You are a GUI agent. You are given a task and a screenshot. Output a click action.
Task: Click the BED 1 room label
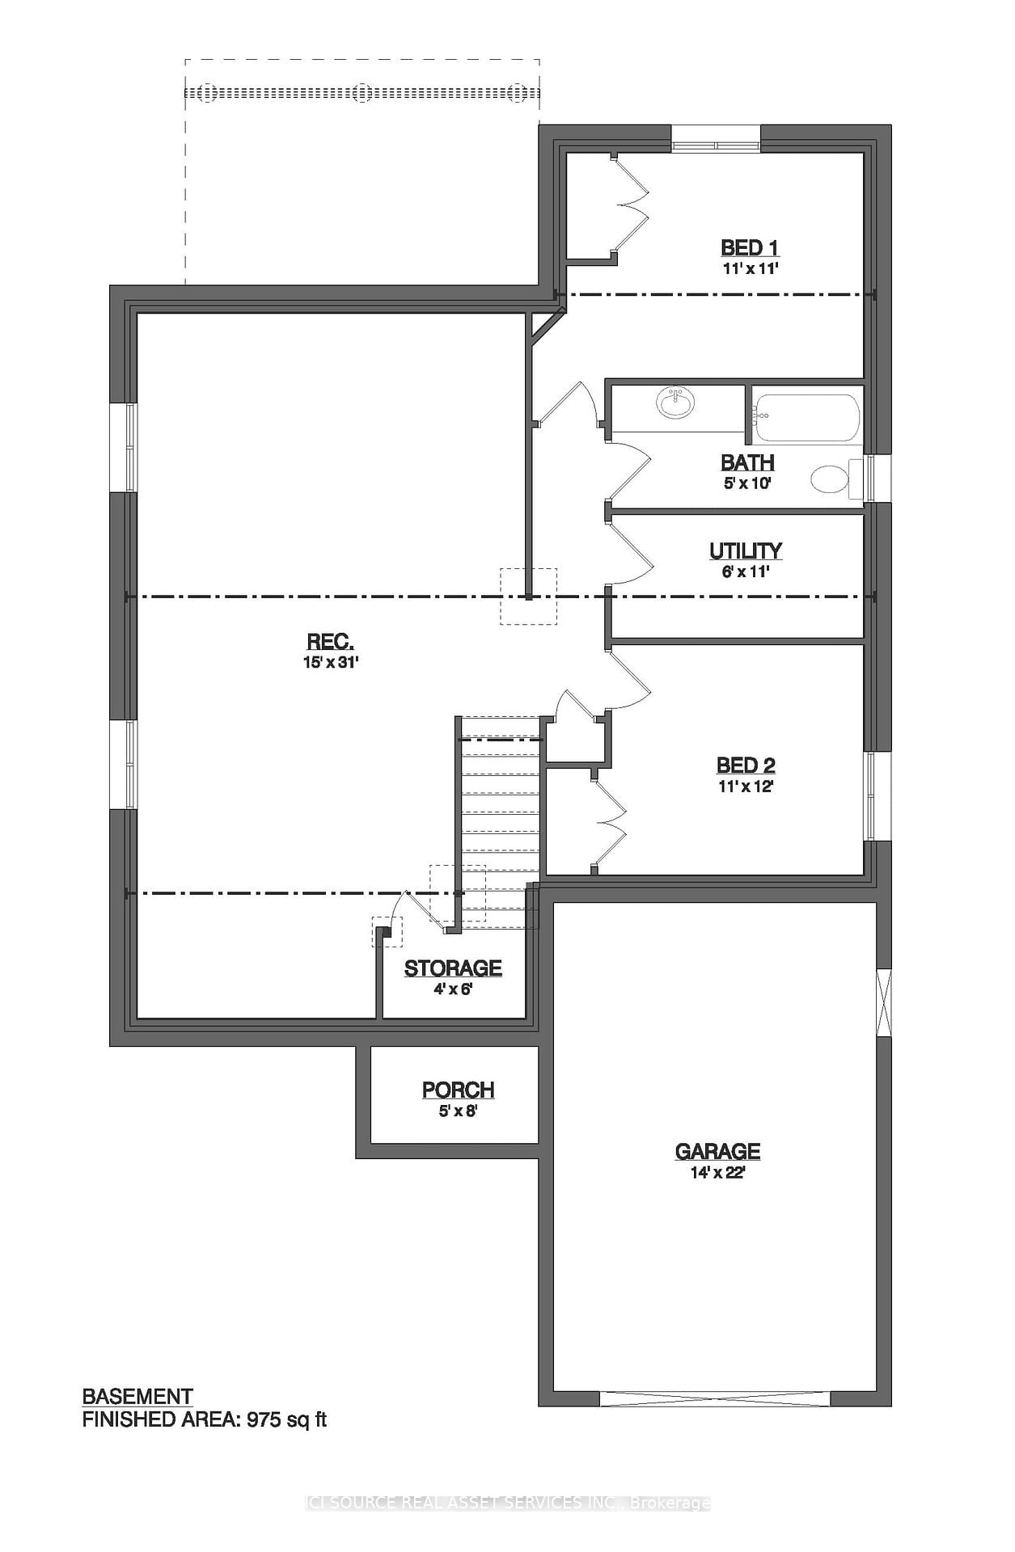point(749,248)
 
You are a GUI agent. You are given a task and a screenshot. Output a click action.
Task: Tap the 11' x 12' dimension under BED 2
point(746,787)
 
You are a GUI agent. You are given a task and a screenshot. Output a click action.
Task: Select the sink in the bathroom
point(675,402)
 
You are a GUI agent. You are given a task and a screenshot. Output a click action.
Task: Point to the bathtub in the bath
point(807,417)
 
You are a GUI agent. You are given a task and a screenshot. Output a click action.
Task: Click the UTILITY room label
point(745,550)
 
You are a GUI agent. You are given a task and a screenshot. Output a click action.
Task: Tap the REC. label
point(330,642)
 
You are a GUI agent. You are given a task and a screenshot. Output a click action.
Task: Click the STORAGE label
point(453,968)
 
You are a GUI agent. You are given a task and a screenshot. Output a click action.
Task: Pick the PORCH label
point(458,1090)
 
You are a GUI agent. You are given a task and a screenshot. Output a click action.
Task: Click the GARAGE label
point(717,1151)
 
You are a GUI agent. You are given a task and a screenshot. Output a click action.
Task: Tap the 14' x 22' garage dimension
point(717,1173)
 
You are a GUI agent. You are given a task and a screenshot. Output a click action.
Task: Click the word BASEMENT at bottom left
point(137,1397)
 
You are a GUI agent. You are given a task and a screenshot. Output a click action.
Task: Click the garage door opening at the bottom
point(715,1398)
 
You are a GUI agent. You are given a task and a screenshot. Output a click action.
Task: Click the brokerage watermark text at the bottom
point(507,1503)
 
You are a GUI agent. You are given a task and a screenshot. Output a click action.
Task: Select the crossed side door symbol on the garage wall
point(884,1002)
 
